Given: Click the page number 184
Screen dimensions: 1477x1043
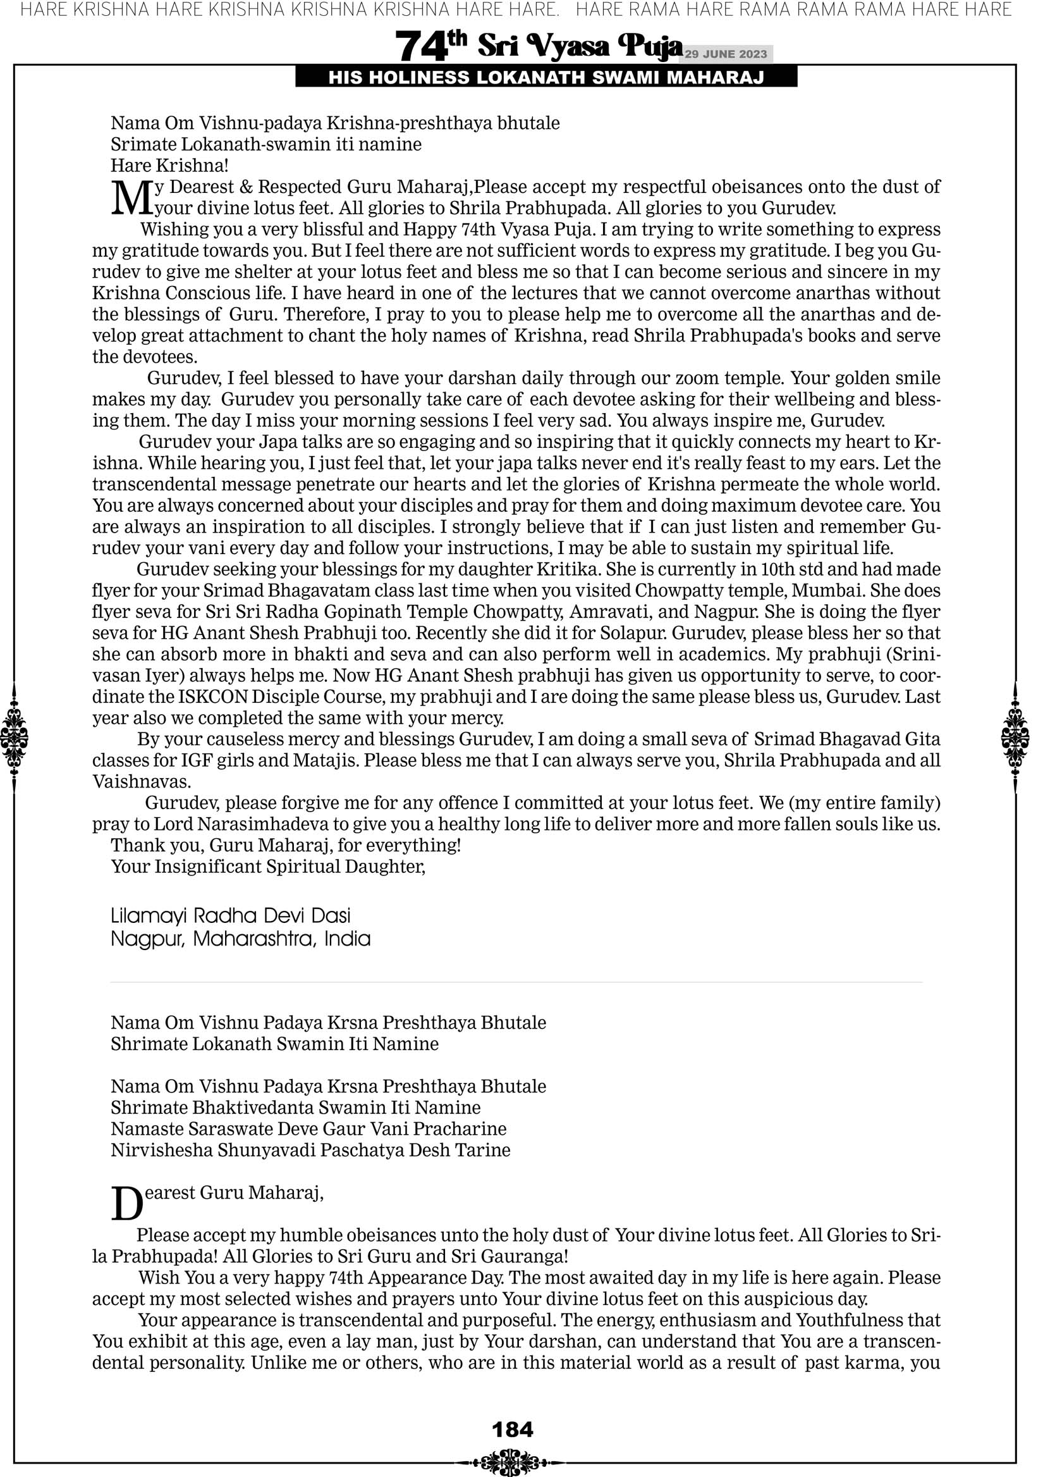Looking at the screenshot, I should coord(513,1429).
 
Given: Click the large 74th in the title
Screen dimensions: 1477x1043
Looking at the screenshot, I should coord(430,46).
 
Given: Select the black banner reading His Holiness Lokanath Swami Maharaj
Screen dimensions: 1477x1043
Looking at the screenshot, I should coord(546,78).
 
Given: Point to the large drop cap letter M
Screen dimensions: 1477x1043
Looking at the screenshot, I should coord(132,198).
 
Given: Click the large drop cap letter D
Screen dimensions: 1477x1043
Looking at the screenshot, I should coord(126,1204).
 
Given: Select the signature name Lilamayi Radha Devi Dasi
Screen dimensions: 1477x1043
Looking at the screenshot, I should coord(231,915).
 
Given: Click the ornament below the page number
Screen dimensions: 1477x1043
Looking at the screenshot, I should coord(512,1462).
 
